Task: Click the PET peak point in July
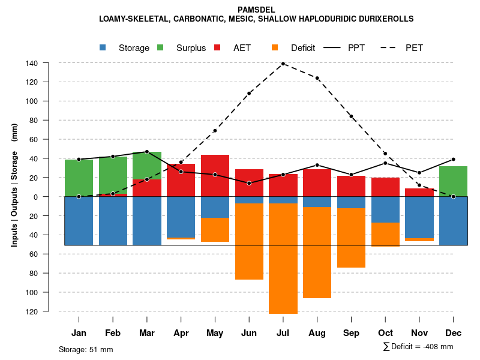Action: (283, 64)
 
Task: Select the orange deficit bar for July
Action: (283, 258)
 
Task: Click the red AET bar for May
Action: (215, 175)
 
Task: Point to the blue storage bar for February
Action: (113, 221)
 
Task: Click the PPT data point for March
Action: (147, 152)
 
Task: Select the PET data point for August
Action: (317, 78)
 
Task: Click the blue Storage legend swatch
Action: (103, 47)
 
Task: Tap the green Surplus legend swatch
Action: (161, 47)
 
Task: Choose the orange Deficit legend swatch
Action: (275, 47)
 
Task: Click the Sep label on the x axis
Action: (351, 333)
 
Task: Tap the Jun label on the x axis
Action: (249, 333)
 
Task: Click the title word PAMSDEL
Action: (256, 10)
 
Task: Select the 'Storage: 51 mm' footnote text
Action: (86, 349)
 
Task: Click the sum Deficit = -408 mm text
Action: (418, 347)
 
